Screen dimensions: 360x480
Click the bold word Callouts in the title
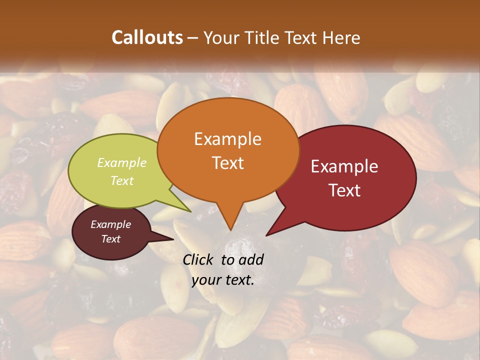coord(147,37)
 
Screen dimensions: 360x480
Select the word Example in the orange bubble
coord(227,139)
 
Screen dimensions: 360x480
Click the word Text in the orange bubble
coord(227,163)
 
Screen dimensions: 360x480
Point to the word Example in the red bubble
coord(344,166)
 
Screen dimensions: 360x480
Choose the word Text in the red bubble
coord(344,190)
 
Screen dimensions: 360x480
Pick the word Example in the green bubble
coord(122,163)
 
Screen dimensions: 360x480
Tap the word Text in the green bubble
coord(122,181)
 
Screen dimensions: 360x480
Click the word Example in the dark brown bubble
coord(110,224)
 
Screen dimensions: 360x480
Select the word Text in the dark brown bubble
coord(110,239)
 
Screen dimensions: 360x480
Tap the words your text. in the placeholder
coord(222,280)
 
